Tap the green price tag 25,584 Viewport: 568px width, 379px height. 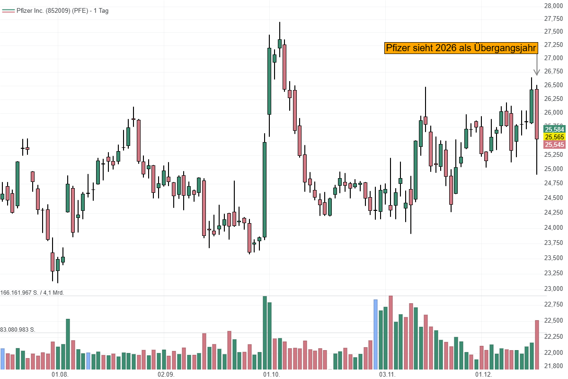554,129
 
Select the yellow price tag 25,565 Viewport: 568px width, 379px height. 554,137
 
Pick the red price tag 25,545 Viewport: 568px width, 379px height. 554,144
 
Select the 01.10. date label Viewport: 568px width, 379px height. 272,374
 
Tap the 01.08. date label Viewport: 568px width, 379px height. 60,374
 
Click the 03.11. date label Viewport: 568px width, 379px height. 387,374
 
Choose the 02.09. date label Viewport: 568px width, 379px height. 166,374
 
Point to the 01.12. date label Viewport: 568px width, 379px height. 484,374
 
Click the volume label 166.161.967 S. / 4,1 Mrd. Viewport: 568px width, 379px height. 32,293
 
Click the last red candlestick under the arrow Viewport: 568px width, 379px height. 537,114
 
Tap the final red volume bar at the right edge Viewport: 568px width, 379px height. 537,345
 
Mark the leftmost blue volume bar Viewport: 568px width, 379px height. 2,359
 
